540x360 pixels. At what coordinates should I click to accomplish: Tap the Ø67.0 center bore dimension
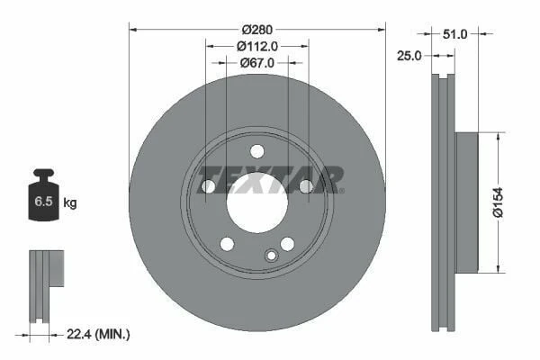tap(256, 63)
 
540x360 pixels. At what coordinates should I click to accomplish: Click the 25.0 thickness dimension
tap(409, 56)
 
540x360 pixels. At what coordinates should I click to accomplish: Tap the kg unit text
tap(70, 203)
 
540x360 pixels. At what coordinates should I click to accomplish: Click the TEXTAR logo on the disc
tap(270, 177)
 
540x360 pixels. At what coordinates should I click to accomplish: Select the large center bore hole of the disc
tap(256, 200)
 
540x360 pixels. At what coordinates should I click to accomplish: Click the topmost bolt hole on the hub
tap(256, 150)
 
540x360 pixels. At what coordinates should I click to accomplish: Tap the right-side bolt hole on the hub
tap(305, 186)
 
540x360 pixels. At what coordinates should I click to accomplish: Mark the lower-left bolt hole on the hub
tap(227, 243)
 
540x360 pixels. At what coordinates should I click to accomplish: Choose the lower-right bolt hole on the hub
tap(287, 243)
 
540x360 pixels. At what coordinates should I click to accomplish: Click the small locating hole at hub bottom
tap(271, 256)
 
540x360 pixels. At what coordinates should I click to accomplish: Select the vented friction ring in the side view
tap(440, 202)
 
